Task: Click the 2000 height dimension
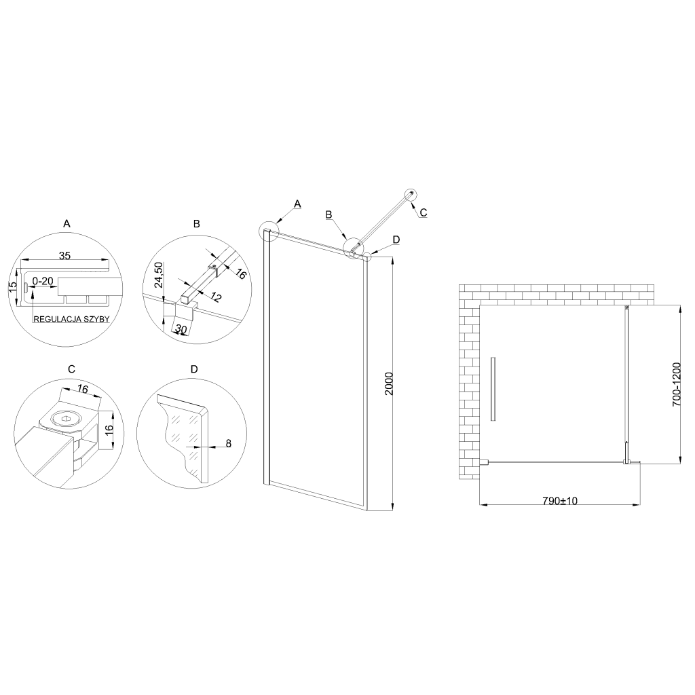[x=389, y=384]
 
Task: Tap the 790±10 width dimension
[x=560, y=501]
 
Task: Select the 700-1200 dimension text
[x=677, y=384]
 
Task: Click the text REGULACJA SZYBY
[x=71, y=319]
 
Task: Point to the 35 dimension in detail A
[x=64, y=256]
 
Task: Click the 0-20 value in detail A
[x=43, y=281]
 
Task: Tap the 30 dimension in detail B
[x=181, y=329]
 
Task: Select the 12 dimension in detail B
[x=215, y=297]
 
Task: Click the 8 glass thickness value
[x=229, y=443]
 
